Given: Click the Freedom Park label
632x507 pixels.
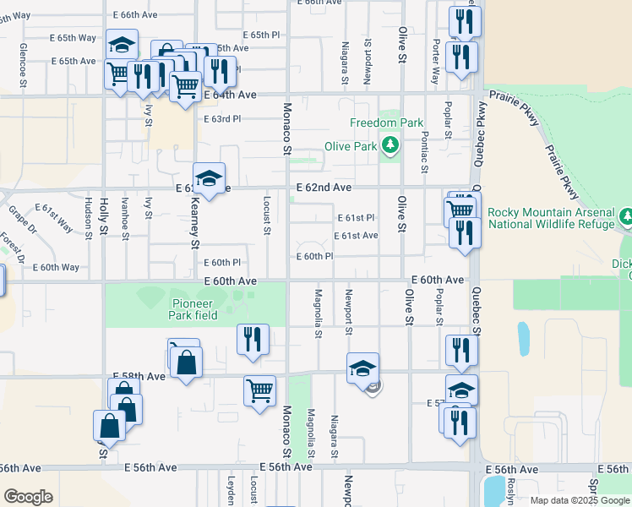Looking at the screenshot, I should point(386,123).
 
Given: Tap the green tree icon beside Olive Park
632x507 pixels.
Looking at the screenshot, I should point(390,146).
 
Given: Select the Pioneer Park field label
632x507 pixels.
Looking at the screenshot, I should point(193,309).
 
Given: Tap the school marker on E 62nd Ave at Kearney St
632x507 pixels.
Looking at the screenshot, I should point(209,179).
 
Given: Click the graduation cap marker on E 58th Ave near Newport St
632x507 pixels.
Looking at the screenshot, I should point(362,368).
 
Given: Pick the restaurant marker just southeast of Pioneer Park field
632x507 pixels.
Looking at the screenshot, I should point(253,340).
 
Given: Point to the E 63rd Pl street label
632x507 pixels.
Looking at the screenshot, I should point(222,119).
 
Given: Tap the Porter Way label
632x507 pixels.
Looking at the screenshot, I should point(436,61).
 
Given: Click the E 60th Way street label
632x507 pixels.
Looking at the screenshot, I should point(56,267).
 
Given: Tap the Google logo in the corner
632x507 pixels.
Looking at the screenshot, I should point(29,496).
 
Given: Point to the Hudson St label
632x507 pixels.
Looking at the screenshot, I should point(88,218).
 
